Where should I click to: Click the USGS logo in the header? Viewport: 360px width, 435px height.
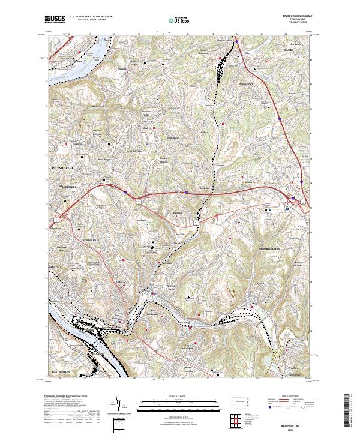point(55,19)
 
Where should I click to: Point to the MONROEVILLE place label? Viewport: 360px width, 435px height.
point(270,248)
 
